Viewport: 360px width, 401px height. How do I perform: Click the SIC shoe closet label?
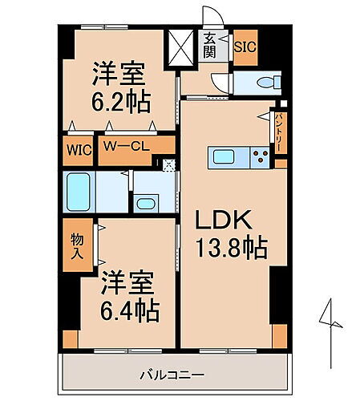(245, 46)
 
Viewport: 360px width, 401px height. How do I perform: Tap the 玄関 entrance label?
(209, 45)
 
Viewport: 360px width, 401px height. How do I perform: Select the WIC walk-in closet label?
(79, 150)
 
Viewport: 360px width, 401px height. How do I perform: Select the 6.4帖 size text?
(128, 308)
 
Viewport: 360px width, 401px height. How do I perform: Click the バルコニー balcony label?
(173, 374)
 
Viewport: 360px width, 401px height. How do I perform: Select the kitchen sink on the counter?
(222, 157)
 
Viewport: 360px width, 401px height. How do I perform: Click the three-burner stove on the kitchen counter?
(260, 157)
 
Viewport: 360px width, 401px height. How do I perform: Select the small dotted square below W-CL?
(168, 166)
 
